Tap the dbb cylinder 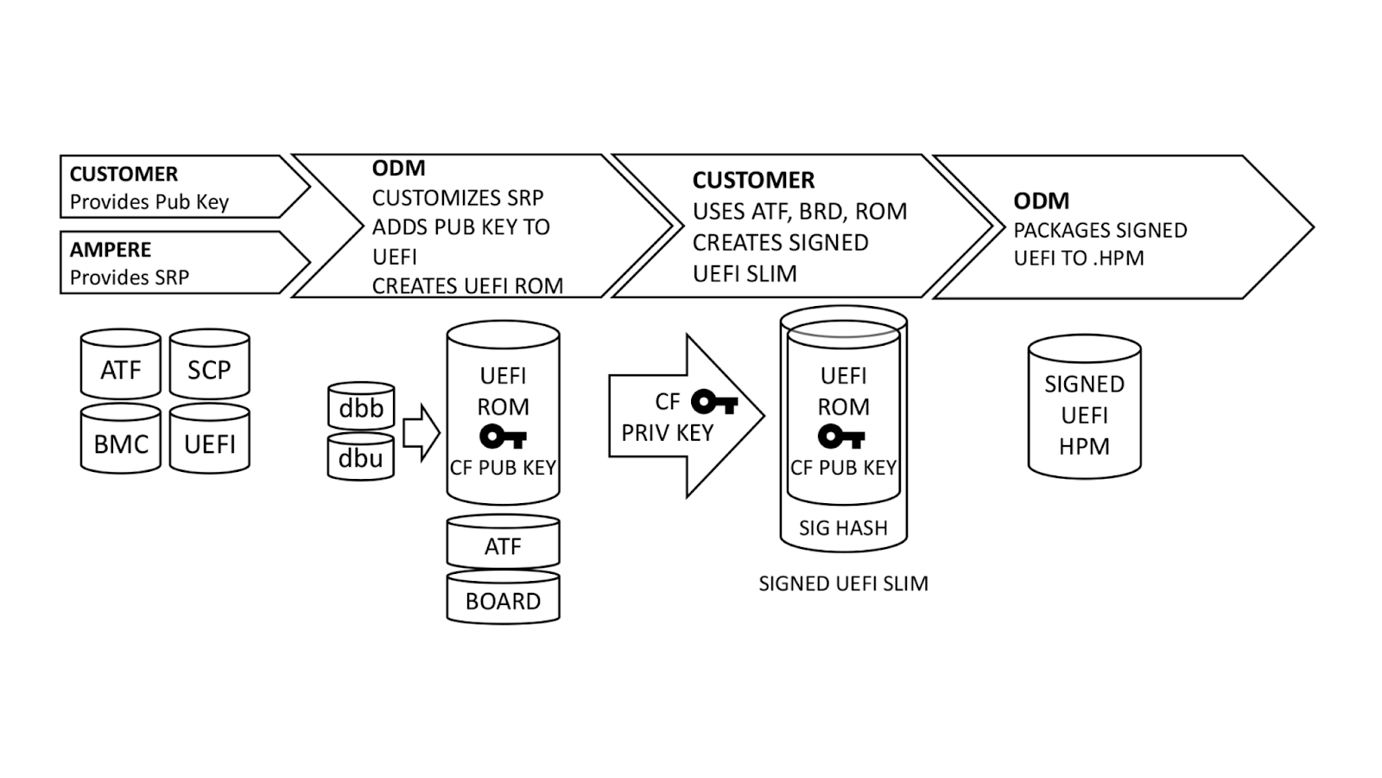[361, 407]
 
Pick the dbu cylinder [361, 457]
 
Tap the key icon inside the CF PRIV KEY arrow [714, 402]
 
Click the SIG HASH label [843, 527]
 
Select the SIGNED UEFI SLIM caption [843, 583]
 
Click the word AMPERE [111, 250]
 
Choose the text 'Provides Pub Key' [149, 202]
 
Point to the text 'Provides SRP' [130, 277]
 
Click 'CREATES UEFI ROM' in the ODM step [467, 286]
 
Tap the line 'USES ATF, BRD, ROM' [800, 211]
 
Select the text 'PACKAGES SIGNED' [1100, 230]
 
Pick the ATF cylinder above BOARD [503, 545]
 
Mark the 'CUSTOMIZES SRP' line [458, 198]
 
